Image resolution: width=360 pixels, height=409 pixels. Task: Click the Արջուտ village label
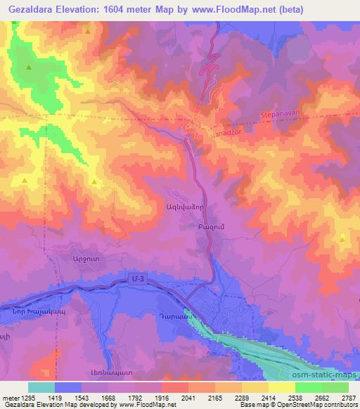83,258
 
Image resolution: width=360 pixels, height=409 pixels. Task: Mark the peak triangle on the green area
29,67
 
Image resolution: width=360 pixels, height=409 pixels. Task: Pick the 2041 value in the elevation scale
188,397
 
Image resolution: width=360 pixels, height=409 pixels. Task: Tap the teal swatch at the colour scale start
41,387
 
